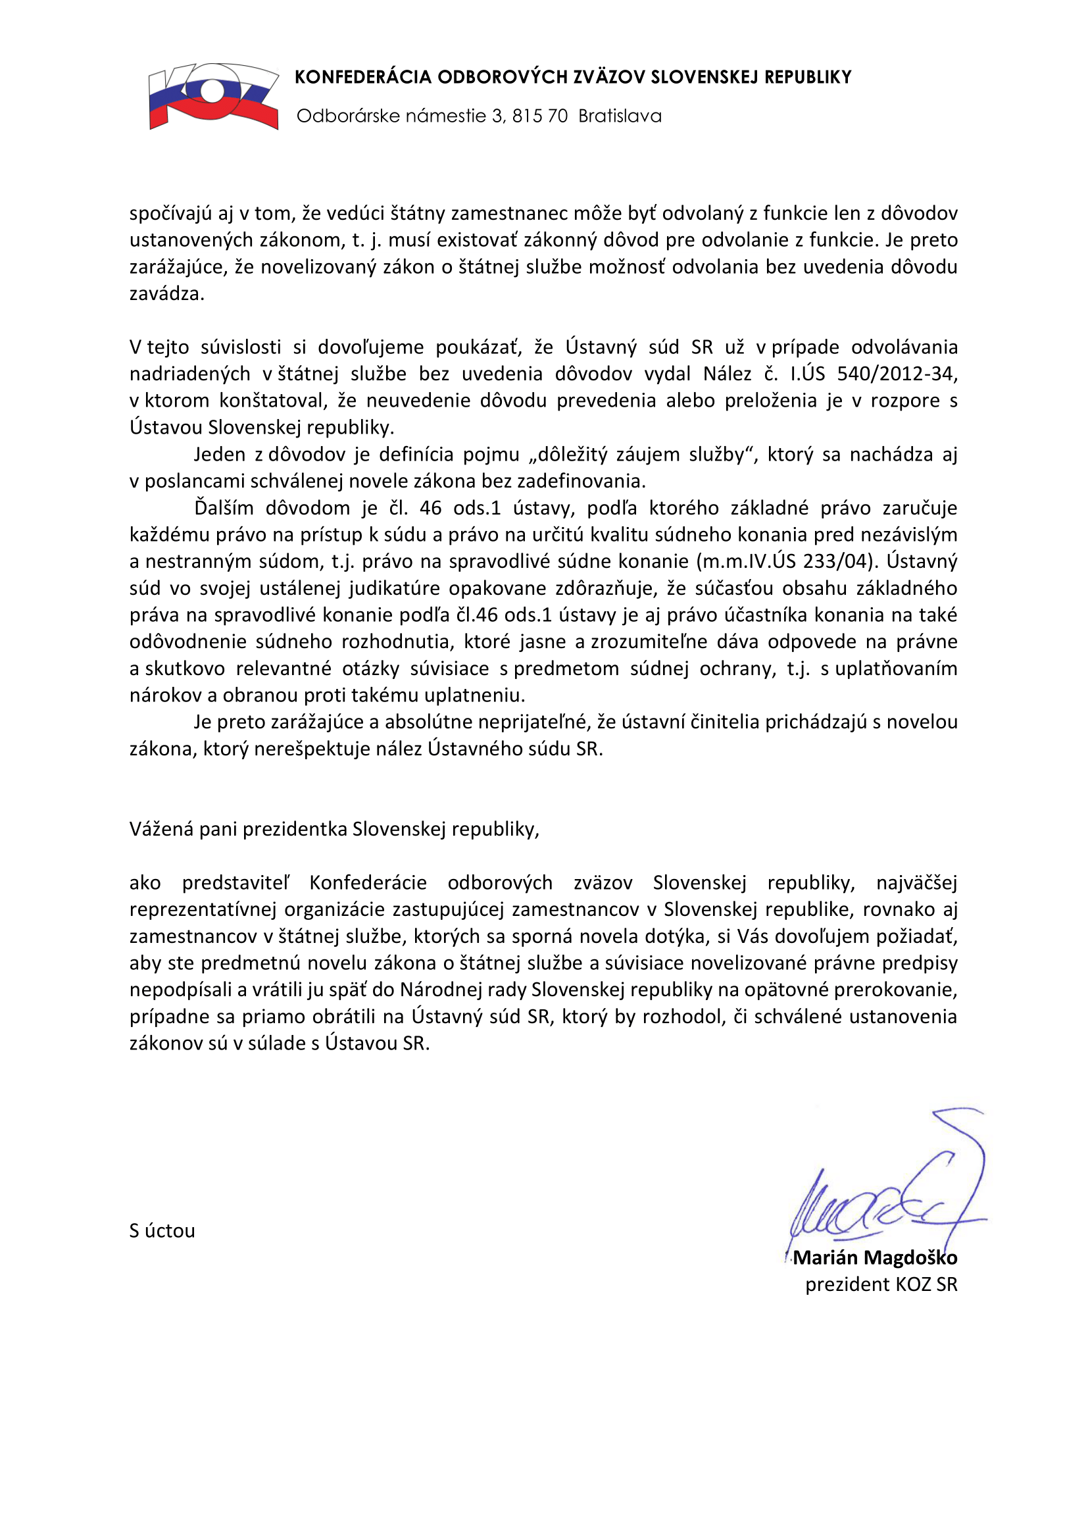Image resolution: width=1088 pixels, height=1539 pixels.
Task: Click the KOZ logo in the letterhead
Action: coord(213,96)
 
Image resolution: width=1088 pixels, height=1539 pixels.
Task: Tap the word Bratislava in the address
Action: coord(620,116)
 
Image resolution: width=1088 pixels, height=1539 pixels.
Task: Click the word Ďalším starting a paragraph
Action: coord(224,507)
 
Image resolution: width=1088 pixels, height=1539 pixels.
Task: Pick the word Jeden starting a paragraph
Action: coord(219,455)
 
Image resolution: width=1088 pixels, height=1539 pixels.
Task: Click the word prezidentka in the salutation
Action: coord(293,829)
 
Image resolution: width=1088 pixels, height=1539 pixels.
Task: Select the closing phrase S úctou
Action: coord(162,1230)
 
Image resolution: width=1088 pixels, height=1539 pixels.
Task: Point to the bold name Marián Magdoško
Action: coord(875,1257)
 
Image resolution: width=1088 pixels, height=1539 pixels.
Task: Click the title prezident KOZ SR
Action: coord(881,1284)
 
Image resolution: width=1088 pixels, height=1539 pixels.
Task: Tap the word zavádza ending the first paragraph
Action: coord(166,293)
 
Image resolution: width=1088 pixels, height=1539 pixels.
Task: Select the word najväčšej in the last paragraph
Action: coord(916,883)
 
